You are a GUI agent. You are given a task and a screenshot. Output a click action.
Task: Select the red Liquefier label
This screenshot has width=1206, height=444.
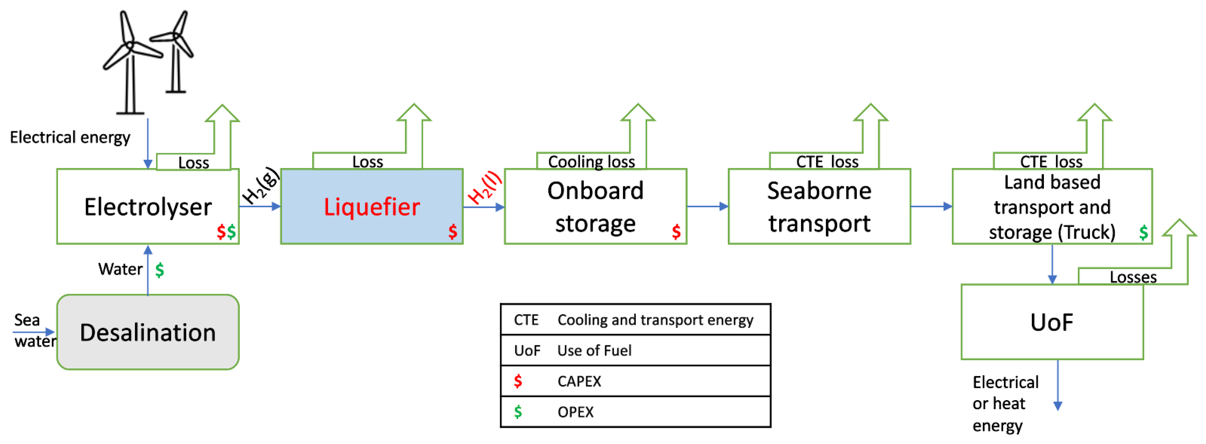click(372, 207)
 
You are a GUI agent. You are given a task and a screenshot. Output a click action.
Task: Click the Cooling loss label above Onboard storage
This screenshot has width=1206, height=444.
click(591, 162)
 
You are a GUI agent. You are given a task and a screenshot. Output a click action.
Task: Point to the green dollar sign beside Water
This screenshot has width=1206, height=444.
click(160, 270)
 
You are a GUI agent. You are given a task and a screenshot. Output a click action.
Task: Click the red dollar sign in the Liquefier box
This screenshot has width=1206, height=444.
click(452, 231)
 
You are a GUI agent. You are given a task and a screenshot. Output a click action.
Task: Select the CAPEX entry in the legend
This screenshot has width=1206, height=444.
click(579, 381)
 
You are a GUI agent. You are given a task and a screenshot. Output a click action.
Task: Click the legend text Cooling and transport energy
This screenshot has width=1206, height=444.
click(655, 320)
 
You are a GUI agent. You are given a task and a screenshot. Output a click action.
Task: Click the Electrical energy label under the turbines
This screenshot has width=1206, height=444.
click(70, 138)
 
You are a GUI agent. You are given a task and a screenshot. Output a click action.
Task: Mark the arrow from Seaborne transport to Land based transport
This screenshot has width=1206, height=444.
click(931, 206)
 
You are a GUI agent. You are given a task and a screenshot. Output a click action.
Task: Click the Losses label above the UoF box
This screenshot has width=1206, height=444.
click(1133, 277)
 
